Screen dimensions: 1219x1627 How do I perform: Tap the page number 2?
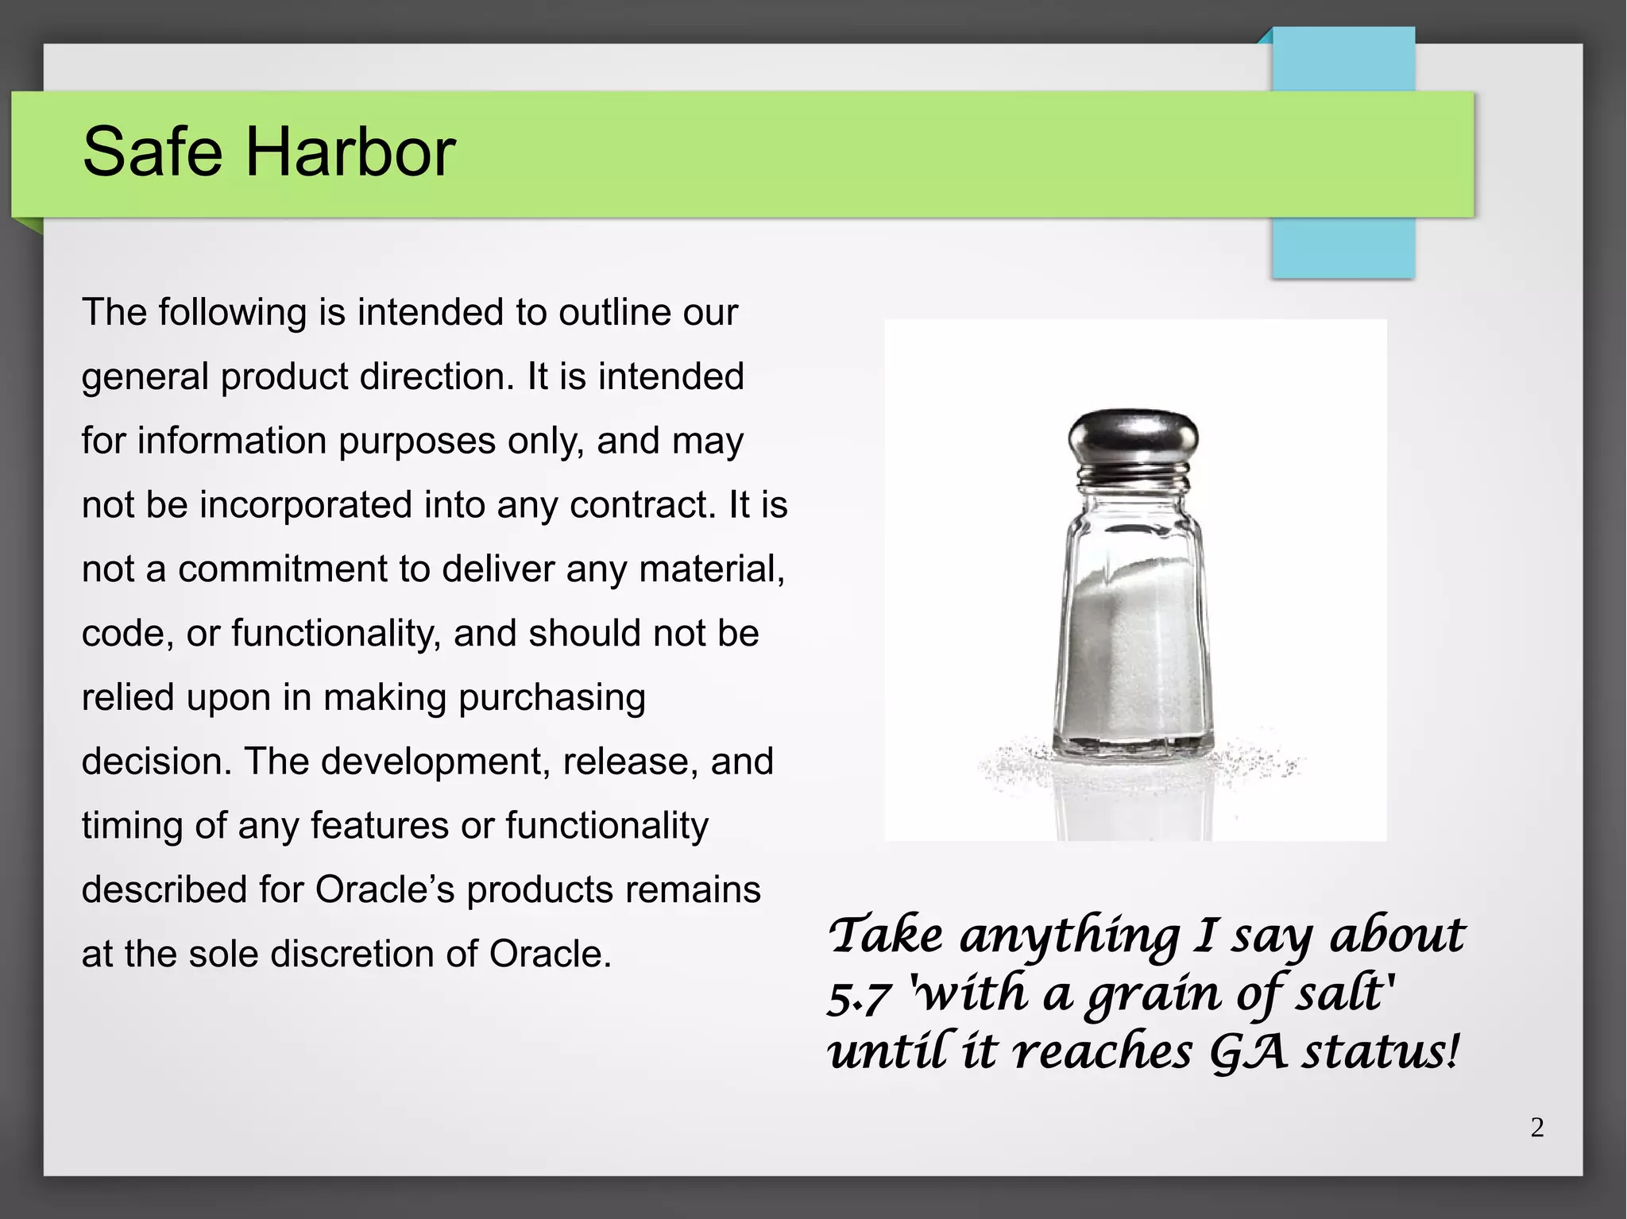click(x=1537, y=1128)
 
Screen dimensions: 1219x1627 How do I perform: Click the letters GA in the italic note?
click(x=1247, y=1052)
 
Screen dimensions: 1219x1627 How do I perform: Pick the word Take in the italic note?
click(x=886, y=935)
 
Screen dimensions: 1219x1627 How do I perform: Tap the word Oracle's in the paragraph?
click(x=385, y=890)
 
